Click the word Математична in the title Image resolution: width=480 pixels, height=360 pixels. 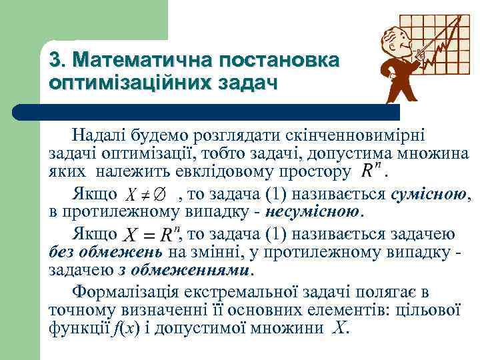click(x=132, y=61)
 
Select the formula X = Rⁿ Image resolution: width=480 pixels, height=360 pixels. click(x=151, y=235)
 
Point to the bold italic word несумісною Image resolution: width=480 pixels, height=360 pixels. click(x=313, y=213)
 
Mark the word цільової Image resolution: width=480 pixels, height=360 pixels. click(x=433, y=310)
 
